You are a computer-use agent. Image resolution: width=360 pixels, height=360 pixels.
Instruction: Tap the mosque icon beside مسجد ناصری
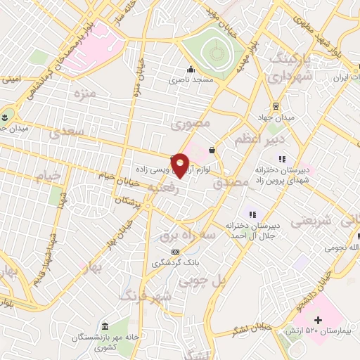191,70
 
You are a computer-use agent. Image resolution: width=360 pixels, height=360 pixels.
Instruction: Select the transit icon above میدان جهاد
276,106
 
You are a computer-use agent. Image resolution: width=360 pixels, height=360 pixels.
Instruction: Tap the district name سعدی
69,131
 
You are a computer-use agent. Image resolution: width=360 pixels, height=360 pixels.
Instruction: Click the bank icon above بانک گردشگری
175,252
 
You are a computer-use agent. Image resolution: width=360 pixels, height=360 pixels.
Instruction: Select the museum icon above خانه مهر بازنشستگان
105,327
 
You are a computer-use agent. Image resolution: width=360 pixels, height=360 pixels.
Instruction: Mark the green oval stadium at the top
214,51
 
